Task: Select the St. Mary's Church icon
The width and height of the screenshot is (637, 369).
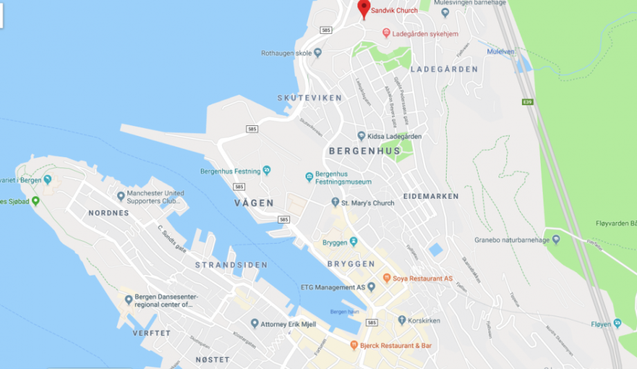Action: coord(335,203)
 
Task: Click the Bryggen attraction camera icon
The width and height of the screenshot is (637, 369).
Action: coord(354,242)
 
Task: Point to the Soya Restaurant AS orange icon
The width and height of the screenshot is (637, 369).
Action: coord(386,278)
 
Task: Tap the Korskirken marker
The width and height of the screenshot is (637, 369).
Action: coord(402,320)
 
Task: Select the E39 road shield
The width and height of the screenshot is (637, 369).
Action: coord(528,102)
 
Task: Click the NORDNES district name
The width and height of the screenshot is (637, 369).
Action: coord(109,213)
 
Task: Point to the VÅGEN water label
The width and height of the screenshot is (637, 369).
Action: coord(254,203)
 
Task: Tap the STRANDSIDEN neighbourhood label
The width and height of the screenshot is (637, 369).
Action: coord(222,265)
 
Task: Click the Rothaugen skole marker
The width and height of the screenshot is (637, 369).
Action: coord(318,53)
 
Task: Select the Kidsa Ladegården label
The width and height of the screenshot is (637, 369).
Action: coord(394,136)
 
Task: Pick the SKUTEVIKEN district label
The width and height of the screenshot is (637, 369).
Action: coord(309,98)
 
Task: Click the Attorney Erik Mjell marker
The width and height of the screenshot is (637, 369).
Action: coord(255,323)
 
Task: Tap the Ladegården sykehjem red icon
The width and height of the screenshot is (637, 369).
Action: coord(386,33)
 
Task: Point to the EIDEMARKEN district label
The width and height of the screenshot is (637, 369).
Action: coord(431,197)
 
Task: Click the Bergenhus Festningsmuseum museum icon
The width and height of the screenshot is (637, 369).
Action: coord(309,177)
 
